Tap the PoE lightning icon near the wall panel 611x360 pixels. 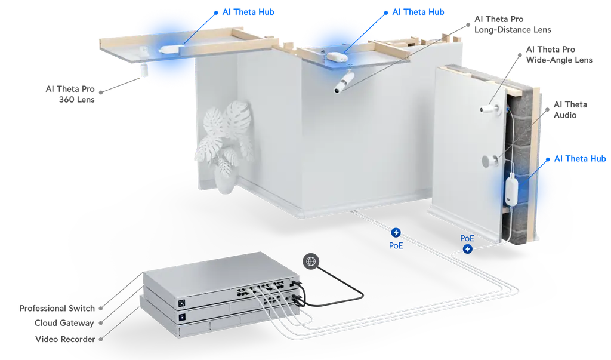(x=468, y=248)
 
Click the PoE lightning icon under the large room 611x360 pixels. (x=395, y=232)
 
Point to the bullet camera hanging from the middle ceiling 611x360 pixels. (x=344, y=83)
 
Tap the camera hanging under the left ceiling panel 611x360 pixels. (x=144, y=69)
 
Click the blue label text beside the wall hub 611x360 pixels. (x=579, y=159)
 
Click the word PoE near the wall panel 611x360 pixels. (x=468, y=238)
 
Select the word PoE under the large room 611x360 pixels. (x=395, y=244)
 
